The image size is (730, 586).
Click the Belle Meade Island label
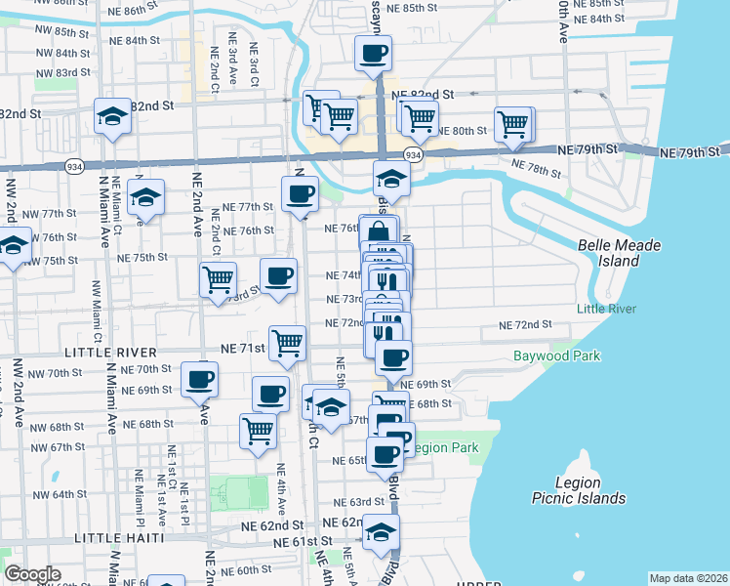[619, 253]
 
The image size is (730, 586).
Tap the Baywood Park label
[557, 356]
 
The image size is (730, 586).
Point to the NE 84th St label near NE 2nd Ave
[135, 40]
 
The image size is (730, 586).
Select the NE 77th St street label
[247, 207]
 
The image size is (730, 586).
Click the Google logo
[32, 574]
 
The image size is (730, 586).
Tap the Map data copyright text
[689, 577]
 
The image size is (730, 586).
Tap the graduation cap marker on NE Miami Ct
[145, 198]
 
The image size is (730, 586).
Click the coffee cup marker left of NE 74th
[278, 274]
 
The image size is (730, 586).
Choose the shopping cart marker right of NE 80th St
[513, 123]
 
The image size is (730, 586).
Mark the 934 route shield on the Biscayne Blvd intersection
[413, 155]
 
